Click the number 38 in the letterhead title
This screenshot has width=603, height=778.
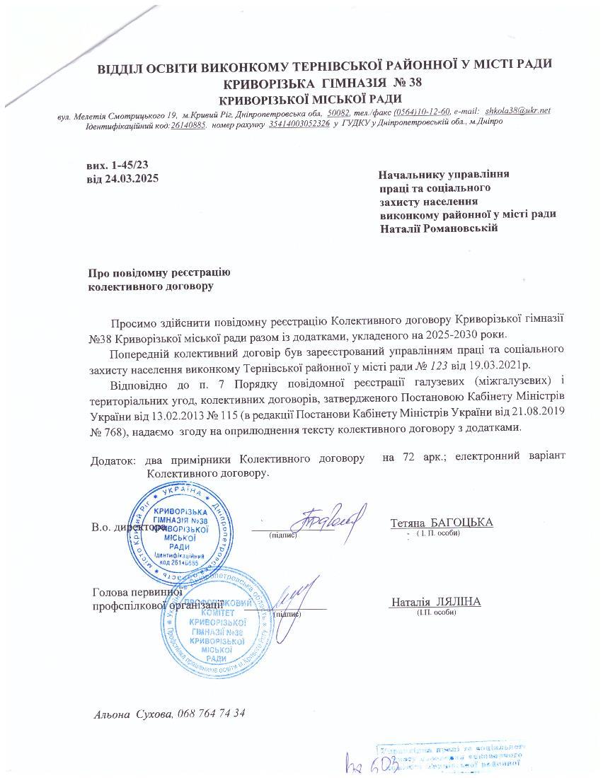(x=413, y=83)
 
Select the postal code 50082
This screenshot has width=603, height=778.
(x=338, y=112)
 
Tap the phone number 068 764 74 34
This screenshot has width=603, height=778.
(x=212, y=713)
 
